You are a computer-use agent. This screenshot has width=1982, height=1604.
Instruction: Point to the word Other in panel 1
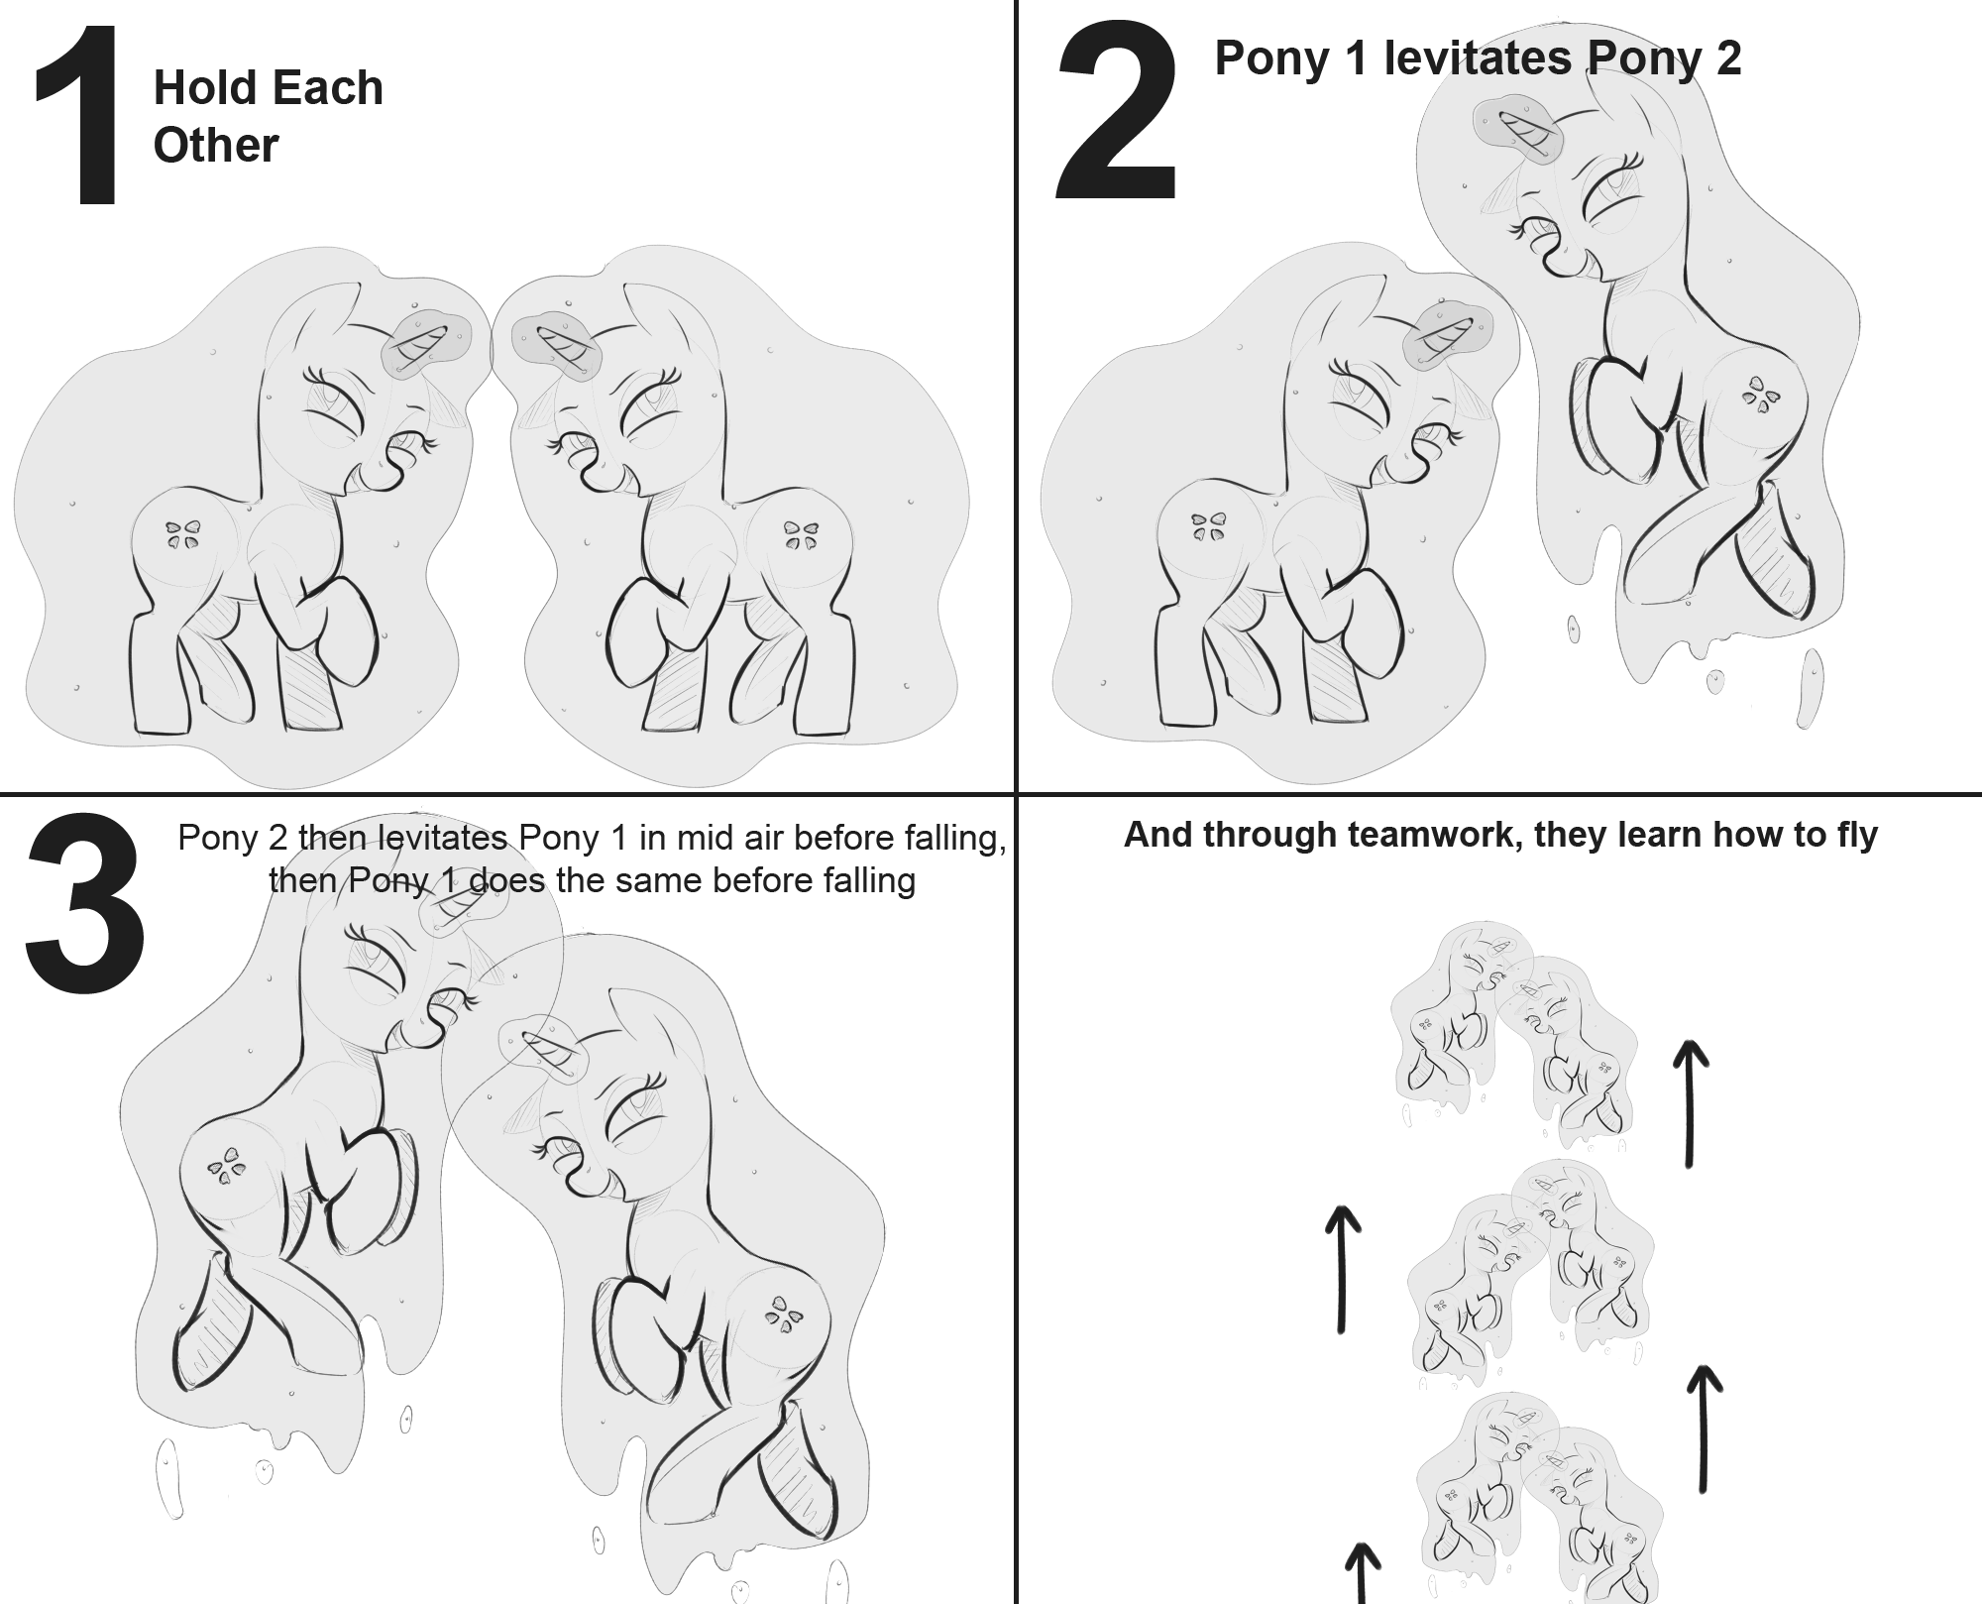pos(216,145)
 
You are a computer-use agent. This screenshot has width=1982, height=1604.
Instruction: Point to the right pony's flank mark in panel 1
pos(801,535)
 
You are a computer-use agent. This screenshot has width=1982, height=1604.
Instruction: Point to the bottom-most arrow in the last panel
pos(1363,1573)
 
